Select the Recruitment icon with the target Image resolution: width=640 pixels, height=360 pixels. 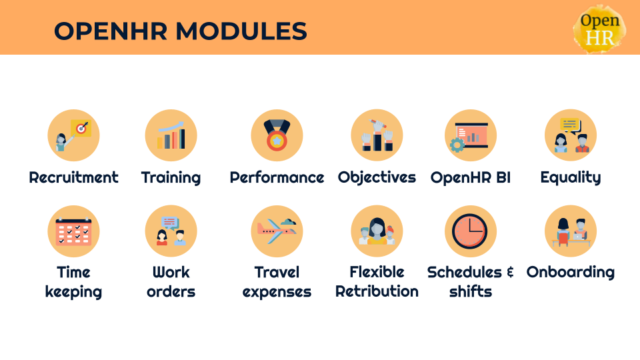click(73, 135)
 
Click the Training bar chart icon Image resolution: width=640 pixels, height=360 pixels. click(171, 135)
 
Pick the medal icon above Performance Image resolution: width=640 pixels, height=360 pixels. click(277, 135)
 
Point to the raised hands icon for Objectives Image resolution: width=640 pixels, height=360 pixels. click(377, 135)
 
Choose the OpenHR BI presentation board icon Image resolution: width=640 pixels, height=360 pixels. click(471, 135)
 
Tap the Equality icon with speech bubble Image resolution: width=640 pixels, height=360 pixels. click(571, 135)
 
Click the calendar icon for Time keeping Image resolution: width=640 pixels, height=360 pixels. click(73, 231)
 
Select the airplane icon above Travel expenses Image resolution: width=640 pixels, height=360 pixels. click(277, 231)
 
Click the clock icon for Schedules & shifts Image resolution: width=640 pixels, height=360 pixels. click(471, 231)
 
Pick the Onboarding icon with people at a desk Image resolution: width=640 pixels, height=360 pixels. click(571, 231)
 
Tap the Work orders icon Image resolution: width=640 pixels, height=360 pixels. click(171, 231)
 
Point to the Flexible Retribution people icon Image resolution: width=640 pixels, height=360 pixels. click(377, 231)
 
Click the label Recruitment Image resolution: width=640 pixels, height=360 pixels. click(73, 177)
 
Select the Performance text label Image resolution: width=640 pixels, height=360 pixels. click(277, 177)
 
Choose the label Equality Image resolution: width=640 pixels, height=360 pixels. click(571, 177)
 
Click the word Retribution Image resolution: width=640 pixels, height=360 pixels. click(377, 291)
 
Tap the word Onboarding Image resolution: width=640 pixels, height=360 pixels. click(571, 272)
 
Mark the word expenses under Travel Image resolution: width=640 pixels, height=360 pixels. click(277, 291)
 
